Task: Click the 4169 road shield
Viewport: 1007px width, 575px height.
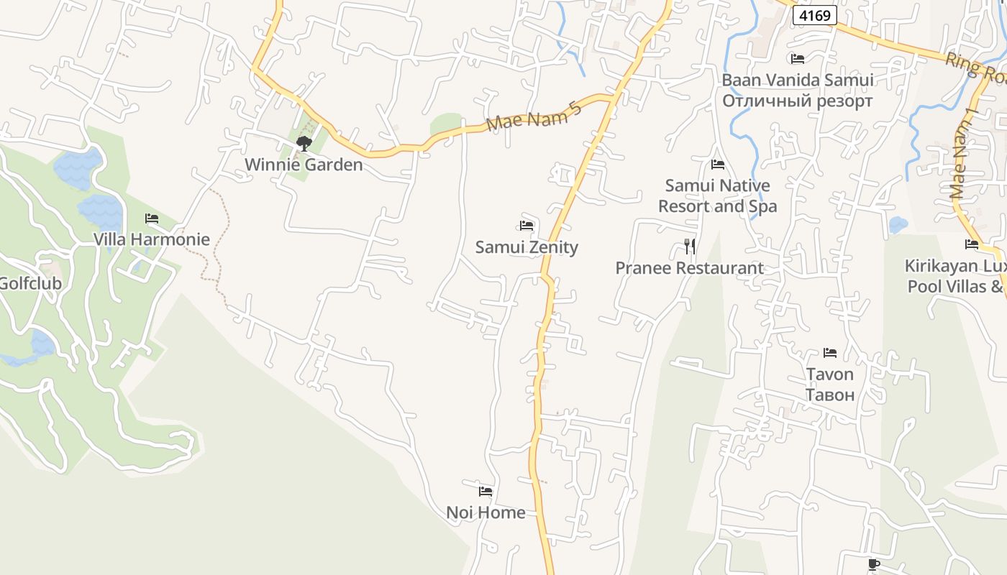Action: (814, 14)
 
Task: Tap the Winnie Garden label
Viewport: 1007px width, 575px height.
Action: (304, 165)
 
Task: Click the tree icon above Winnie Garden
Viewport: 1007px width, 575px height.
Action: (304, 143)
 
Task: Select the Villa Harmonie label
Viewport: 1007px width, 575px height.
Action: (152, 239)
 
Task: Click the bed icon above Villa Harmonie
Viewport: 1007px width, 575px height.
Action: (152, 218)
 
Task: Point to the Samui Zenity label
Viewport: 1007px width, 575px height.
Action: (527, 247)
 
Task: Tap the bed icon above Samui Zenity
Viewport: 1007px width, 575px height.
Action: (527, 226)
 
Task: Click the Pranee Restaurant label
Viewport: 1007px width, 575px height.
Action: (689, 268)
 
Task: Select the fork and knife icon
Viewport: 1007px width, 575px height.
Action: (690, 247)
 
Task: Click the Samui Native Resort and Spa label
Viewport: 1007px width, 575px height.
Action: (718, 195)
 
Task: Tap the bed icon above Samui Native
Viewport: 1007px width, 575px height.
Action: (717, 165)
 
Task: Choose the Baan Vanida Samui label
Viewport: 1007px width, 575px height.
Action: (797, 80)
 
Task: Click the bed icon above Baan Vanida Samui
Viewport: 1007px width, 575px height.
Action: (797, 58)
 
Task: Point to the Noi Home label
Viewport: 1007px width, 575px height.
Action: (486, 512)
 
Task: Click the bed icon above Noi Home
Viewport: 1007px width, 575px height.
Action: (486, 492)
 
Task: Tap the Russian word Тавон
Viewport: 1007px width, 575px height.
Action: (830, 395)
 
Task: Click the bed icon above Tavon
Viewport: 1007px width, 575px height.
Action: (830, 353)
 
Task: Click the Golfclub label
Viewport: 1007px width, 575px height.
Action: (30, 283)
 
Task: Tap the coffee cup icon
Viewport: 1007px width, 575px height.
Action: (873, 564)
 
